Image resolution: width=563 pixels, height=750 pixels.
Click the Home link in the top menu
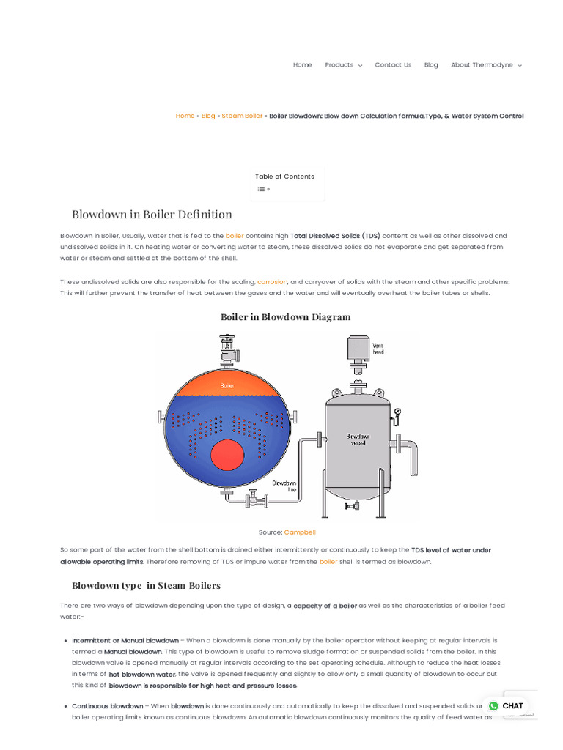coord(302,65)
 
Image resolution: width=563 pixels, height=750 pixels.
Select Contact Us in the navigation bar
coord(393,65)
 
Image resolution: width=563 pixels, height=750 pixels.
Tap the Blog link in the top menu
coord(431,65)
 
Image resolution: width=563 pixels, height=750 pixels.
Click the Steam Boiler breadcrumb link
coord(242,116)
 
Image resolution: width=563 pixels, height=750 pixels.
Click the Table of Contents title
coord(284,177)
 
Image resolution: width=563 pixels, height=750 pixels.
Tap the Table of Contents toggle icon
coord(261,189)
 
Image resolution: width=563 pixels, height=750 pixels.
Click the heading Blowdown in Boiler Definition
coord(152,215)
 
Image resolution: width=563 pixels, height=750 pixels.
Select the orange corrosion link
coord(272,282)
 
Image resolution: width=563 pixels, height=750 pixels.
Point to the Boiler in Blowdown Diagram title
coord(285,317)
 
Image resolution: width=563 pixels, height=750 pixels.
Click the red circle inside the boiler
coord(227,455)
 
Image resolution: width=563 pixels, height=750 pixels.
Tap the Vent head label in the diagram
coord(378,349)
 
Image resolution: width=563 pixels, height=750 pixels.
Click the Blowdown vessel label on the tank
coord(358,439)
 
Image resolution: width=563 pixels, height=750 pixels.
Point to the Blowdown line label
coord(284,486)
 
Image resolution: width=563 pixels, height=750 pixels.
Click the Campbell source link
coord(299,532)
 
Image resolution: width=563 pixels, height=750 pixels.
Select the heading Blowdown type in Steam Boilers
coord(146,586)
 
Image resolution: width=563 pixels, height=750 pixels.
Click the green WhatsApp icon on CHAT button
coord(493,706)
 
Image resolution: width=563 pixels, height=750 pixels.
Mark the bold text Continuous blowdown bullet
coord(108,706)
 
